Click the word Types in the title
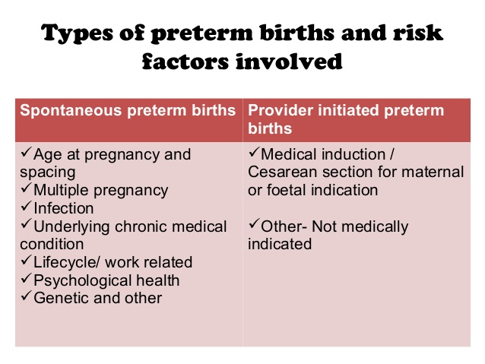click(x=78, y=33)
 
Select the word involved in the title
click(x=289, y=62)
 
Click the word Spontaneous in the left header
click(x=71, y=111)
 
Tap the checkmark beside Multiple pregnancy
click(x=26, y=188)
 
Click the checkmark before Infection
click(x=26, y=206)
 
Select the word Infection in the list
click(x=64, y=208)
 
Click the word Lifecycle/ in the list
click(x=67, y=263)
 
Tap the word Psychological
click(x=82, y=281)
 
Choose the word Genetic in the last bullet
click(x=62, y=298)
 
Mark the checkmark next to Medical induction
click(x=254, y=152)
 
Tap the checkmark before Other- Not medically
click(x=254, y=224)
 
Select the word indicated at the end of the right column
click(x=280, y=244)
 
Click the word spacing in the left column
click(x=48, y=173)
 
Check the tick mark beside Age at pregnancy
click(x=26, y=152)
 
